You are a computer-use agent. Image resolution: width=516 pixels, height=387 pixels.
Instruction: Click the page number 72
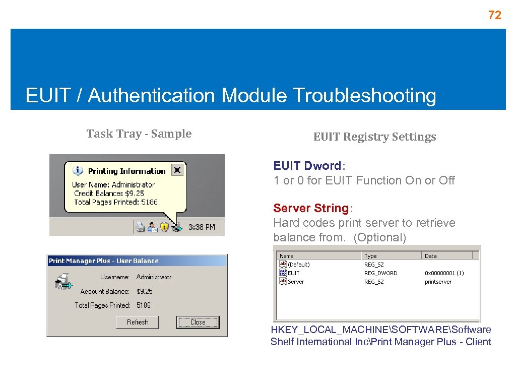pyautogui.click(x=495, y=16)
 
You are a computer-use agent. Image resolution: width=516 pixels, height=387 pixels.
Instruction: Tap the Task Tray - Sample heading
pyautogui.click(x=139, y=134)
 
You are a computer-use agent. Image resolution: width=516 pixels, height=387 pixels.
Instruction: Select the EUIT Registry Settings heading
pyautogui.click(x=374, y=137)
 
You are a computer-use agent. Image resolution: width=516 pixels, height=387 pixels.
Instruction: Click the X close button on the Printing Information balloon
pyautogui.click(x=177, y=170)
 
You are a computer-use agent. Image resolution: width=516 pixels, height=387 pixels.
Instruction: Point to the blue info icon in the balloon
pyautogui.click(x=78, y=171)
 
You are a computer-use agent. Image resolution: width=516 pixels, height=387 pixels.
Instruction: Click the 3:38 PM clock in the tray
pyautogui.click(x=202, y=227)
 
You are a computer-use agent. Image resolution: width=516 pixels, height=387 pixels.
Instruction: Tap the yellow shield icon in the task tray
pyautogui.click(x=164, y=227)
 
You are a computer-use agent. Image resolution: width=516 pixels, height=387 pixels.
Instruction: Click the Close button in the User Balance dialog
pyautogui.click(x=198, y=322)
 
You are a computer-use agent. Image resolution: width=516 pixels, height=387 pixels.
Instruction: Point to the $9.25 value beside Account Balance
pyautogui.click(x=145, y=291)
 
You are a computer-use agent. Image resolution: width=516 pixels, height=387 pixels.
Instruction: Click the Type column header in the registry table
pyautogui.click(x=371, y=256)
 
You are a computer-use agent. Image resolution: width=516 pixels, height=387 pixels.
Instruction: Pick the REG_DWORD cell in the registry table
pyautogui.click(x=380, y=273)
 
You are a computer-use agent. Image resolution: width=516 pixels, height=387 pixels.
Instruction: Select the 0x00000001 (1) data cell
pyautogui.click(x=444, y=273)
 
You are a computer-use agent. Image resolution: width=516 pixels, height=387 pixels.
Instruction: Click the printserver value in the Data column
pyautogui.click(x=438, y=282)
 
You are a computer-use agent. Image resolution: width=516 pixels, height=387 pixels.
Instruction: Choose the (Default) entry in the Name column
pyautogui.click(x=298, y=265)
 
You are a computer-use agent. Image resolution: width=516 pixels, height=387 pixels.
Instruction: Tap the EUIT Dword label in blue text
pyautogui.click(x=307, y=166)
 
